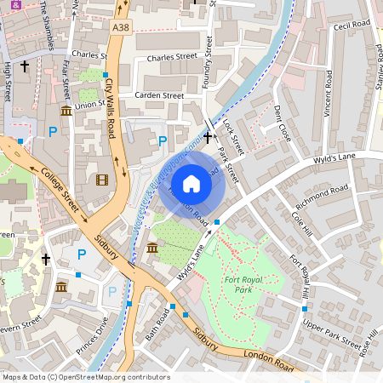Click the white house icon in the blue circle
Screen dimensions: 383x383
pyautogui.click(x=191, y=184)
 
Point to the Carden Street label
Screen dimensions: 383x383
pyautogui.click(x=159, y=96)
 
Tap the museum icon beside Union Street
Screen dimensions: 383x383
pyautogui.click(x=66, y=111)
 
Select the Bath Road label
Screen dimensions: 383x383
pyautogui.click(x=158, y=324)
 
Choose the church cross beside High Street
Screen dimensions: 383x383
pyautogui.click(x=25, y=65)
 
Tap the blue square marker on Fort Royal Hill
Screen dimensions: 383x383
pyautogui.click(x=305, y=308)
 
